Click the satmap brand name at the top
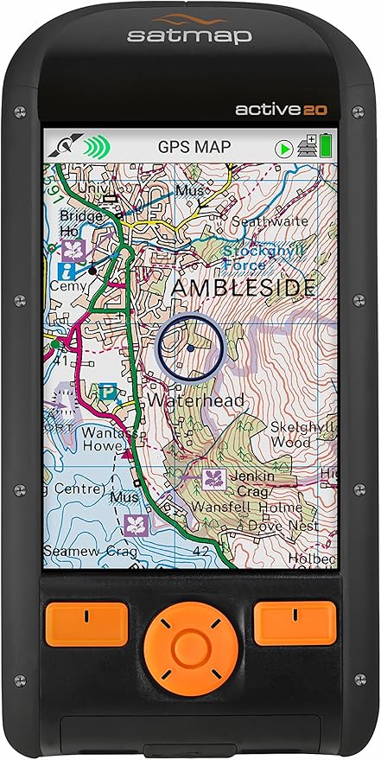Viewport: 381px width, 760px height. click(190, 35)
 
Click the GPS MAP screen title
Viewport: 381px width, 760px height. click(194, 146)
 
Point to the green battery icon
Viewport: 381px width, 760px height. click(326, 145)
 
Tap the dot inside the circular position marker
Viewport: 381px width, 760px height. click(190, 348)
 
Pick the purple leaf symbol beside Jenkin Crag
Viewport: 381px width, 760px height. click(210, 478)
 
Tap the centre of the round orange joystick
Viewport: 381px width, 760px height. click(185, 644)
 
